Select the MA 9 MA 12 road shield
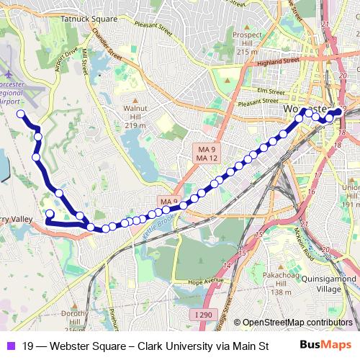point(207,153)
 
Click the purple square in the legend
point(10,345)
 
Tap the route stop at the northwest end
point(21,114)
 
